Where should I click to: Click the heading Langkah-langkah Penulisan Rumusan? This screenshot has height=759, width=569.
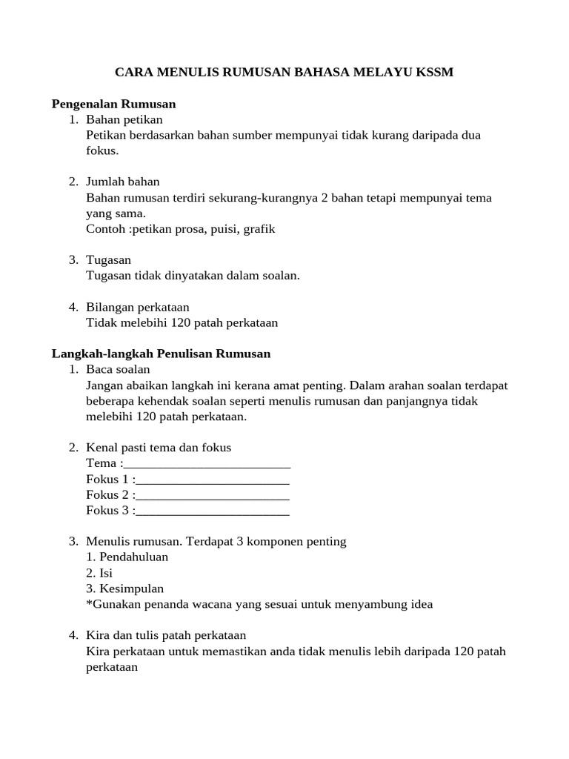(x=161, y=354)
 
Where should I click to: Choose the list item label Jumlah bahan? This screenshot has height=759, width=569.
(x=123, y=182)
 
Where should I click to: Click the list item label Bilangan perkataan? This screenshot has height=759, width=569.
(x=138, y=307)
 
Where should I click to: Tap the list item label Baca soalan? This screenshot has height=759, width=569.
(x=118, y=369)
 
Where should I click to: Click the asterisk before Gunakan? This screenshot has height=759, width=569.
(x=89, y=603)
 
